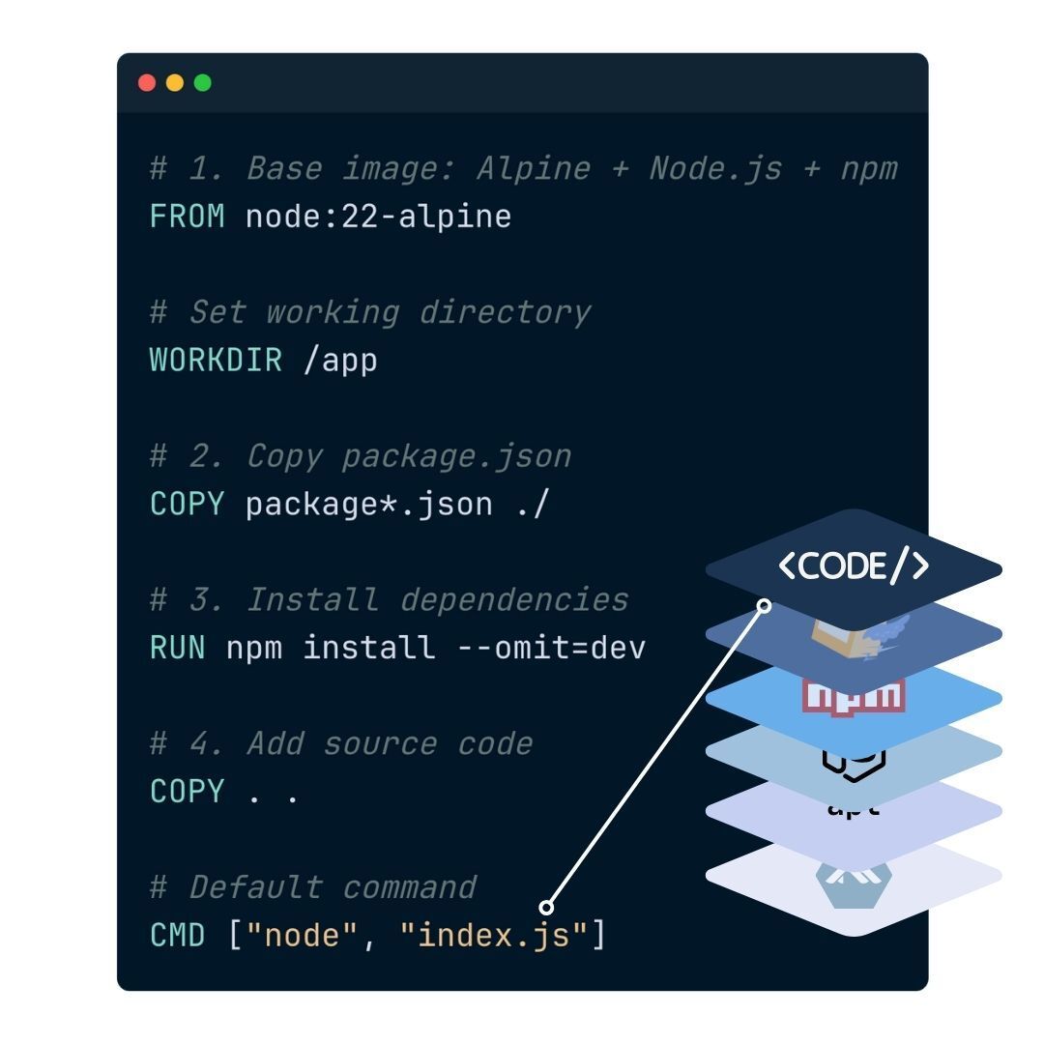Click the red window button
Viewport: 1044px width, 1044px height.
[x=147, y=83]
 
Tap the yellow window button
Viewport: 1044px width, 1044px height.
[x=175, y=83]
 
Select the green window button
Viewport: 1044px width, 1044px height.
[x=202, y=83]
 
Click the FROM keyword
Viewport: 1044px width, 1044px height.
[x=188, y=217]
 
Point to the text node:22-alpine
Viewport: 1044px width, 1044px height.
[x=378, y=217]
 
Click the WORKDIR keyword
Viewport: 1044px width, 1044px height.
[x=216, y=361]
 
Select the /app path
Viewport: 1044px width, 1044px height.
[x=339, y=361]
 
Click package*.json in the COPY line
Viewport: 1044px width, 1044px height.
[x=369, y=505]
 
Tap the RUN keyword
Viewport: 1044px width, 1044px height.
[x=178, y=648]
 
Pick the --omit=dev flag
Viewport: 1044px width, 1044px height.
[x=550, y=648]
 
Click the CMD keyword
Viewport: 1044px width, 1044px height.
[x=178, y=936]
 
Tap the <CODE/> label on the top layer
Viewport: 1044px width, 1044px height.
[x=854, y=566]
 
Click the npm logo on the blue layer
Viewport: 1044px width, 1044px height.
[x=854, y=694]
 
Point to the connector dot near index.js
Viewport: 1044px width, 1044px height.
[x=546, y=907]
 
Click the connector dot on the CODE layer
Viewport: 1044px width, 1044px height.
[x=764, y=605]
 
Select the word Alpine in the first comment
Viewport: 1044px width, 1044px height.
[x=533, y=169]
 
